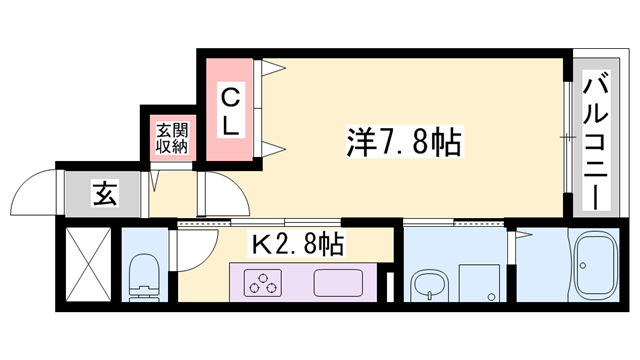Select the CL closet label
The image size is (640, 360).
coord(231,112)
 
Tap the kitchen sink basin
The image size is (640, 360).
coord(340,282)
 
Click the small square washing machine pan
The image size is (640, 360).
coord(478,281)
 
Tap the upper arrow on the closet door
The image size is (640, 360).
coord(275,71)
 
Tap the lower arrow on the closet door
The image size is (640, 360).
coord(275,150)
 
